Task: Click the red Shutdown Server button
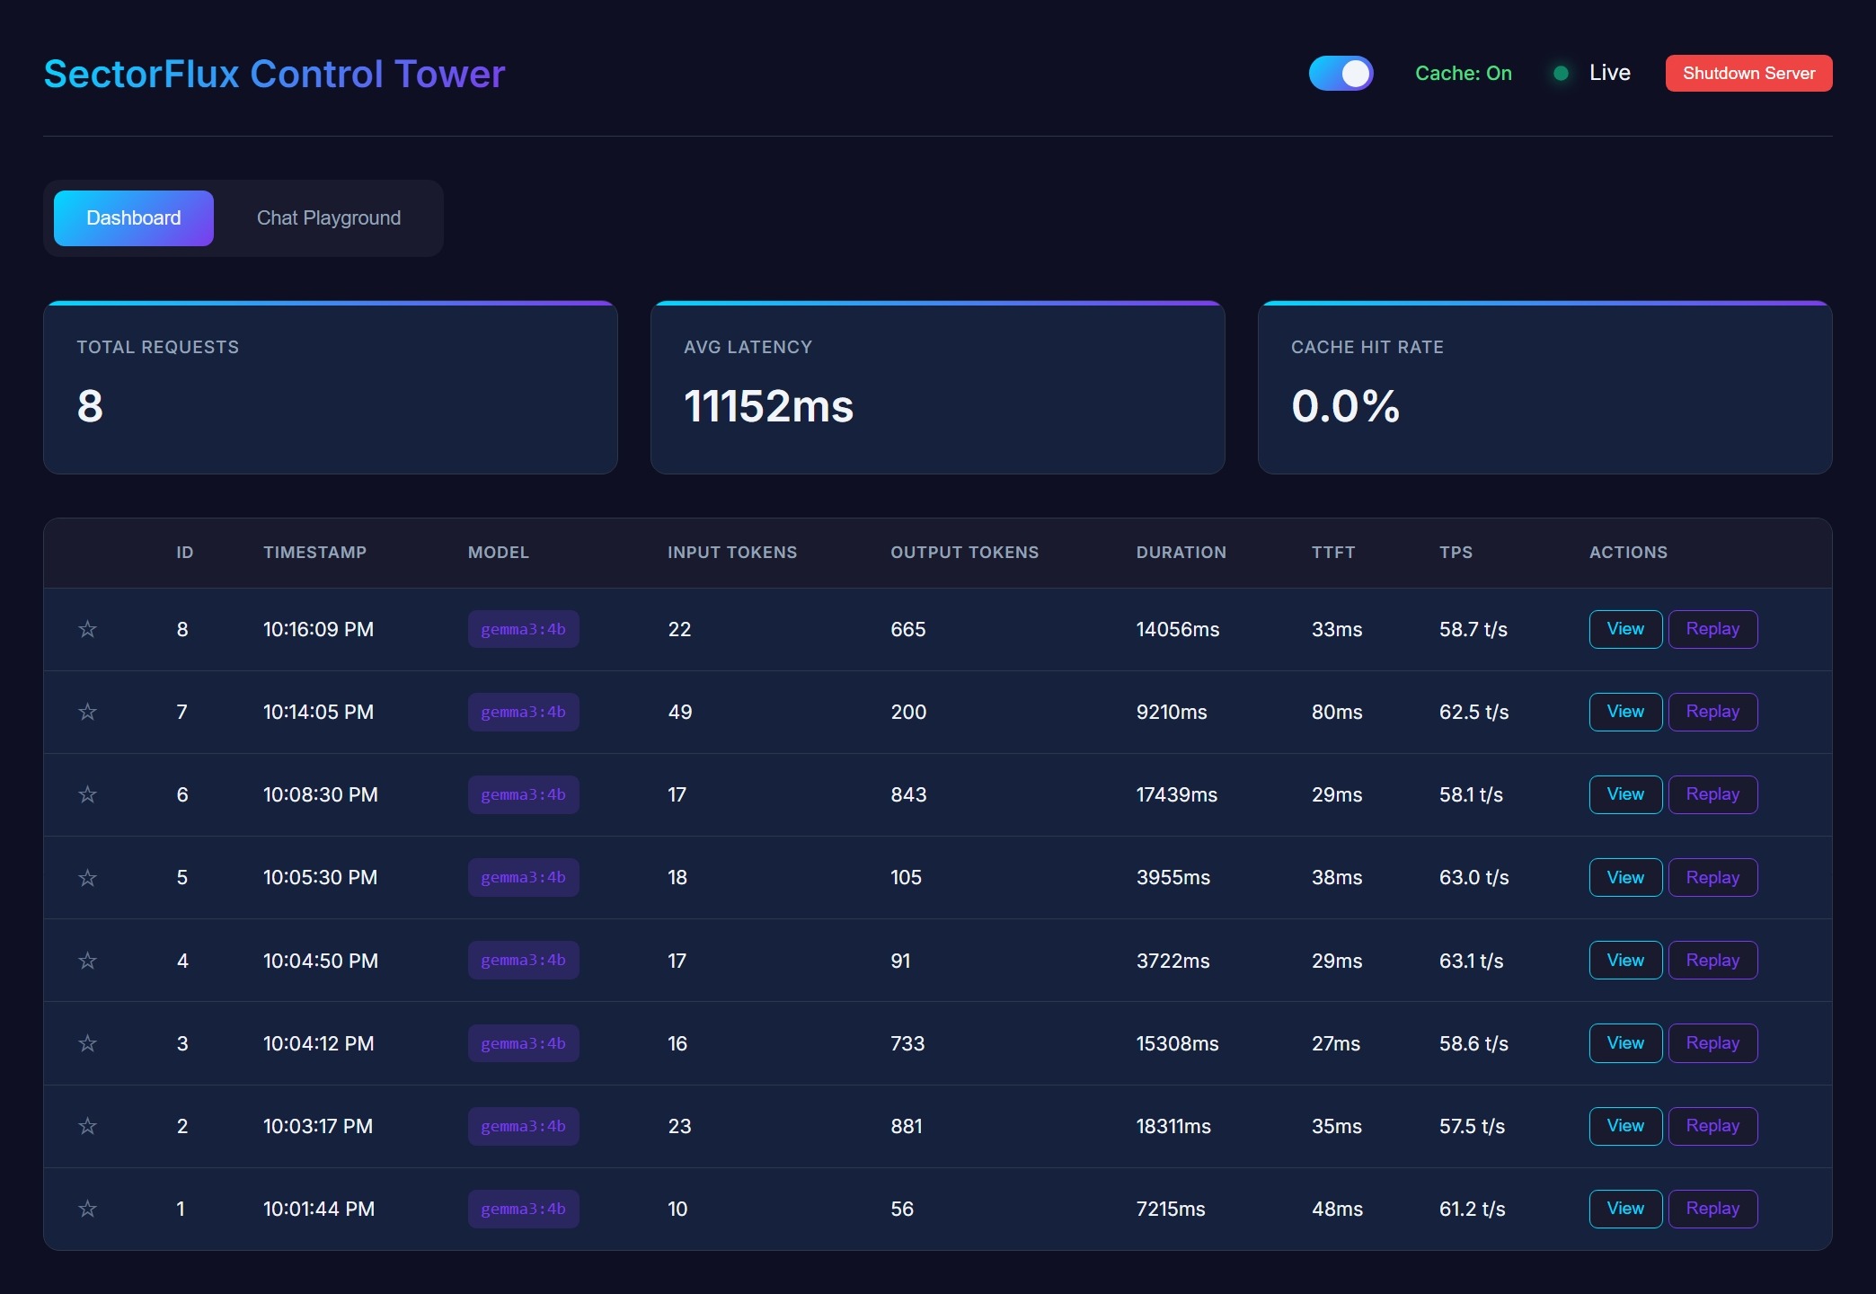click(x=1748, y=74)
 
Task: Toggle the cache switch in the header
click(x=1341, y=74)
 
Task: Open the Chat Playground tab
click(x=329, y=218)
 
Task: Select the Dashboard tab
click(x=134, y=218)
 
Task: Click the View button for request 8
click(x=1625, y=629)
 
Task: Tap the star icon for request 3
click(x=87, y=1043)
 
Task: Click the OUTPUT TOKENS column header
click(x=964, y=553)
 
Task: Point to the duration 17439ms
click(x=1176, y=794)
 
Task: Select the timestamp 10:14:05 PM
click(x=318, y=712)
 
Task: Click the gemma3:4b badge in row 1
click(x=523, y=1209)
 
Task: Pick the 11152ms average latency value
click(x=768, y=406)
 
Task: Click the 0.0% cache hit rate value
click(x=1345, y=406)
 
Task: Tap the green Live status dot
click(x=1562, y=74)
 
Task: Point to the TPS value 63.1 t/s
click(x=1471, y=961)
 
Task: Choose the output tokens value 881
click(x=907, y=1126)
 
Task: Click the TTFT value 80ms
click(x=1337, y=712)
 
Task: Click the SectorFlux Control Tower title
click(x=274, y=74)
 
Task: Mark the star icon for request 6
click(x=87, y=794)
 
